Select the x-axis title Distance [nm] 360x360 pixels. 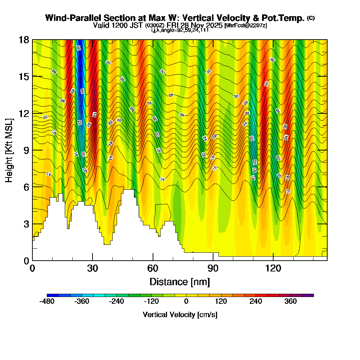pos(180,281)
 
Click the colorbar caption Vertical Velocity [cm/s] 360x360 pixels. pos(180,315)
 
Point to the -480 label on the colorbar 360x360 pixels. pos(47,301)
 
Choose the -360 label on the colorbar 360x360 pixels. pos(82,301)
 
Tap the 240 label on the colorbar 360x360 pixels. pos(256,301)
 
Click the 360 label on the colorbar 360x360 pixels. pos(291,301)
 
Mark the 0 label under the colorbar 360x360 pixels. pos(186,301)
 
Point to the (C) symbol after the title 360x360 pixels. pos(311,18)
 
